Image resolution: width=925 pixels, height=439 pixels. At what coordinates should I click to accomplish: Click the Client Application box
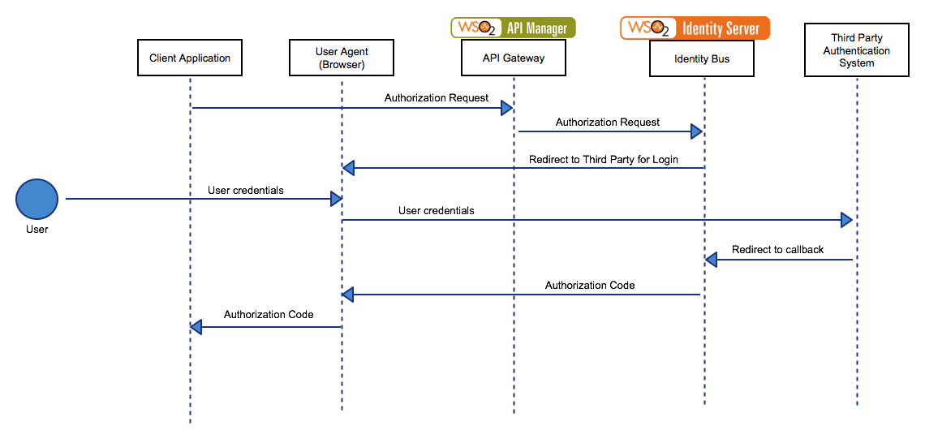pyautogui.click(x=190, y=58)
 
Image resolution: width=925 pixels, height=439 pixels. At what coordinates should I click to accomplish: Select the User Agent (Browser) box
pyautogui.click(x=342, y=58)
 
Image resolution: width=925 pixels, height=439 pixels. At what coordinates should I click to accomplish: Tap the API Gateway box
pyautogui.click(x=514, y=58)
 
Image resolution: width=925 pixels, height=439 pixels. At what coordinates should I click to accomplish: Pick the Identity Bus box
pyautogui.click(x=702, y=58)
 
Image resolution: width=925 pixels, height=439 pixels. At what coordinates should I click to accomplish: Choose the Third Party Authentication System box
pyautogui.click(x=857, y=51)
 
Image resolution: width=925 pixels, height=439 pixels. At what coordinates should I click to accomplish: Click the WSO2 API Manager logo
pyautogui.click(x=514, y=28)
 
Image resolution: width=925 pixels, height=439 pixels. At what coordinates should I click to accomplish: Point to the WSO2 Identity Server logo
pyautogui.click(x=695, y=28)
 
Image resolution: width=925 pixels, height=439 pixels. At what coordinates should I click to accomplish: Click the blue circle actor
pyautogui.click(x=37, y=199)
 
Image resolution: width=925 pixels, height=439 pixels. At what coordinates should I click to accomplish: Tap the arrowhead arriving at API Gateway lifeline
pyautogui.click(x=506, y=108)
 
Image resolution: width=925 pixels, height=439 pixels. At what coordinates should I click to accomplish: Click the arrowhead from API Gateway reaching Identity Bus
pyautogui.click(x=696, y=131)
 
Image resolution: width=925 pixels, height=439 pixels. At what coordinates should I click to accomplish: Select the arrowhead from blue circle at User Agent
pyautogui.click(x=336, y=199)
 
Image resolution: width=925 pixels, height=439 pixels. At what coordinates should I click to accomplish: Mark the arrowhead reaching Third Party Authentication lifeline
pyautogui.click(x=846, y=220)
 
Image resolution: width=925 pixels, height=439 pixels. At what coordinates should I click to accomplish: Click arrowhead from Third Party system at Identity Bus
pyautogui.click(x=711, y=260)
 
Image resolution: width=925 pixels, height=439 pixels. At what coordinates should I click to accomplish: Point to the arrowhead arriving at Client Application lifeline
pyautogui.click(x=196, y=327)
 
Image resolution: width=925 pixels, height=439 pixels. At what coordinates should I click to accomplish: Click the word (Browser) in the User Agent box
pyautogui.click(x=342, y=65)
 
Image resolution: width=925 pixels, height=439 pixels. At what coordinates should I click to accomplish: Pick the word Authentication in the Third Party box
pyautogui.click(x=857, y=51)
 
